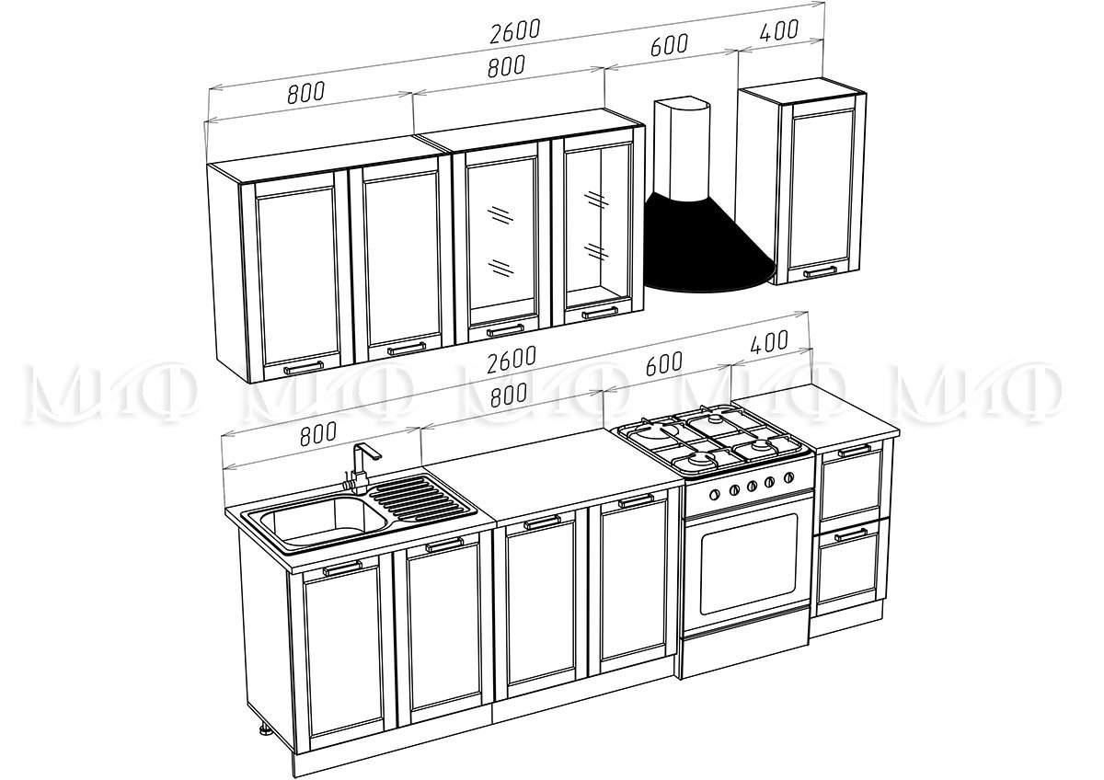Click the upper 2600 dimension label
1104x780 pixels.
(x=515, y=31)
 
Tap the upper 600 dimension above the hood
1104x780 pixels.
(x=670, y=45)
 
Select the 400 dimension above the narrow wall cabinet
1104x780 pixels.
(x=778, y=30)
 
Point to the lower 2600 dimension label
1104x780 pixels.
(x=512, y=359)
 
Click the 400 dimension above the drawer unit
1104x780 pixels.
(x=769, y=341)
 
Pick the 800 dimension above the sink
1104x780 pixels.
(x=318, y=433)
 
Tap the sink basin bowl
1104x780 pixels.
(x=323, y=521)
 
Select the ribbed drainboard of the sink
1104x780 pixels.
(x=419, y=499)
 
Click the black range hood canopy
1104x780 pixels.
(x=709, y=247)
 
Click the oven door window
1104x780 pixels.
(x=748, y=563)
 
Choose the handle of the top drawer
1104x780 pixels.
(x=855, y=451)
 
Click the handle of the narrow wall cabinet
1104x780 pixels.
(x=820, y=271)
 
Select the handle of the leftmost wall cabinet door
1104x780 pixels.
(x=304, y=367)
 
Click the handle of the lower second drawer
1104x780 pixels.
(x=851, y=534)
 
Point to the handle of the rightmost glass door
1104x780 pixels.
(x=600, y=313)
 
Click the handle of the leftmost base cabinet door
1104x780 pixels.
(x=342, y=568)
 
